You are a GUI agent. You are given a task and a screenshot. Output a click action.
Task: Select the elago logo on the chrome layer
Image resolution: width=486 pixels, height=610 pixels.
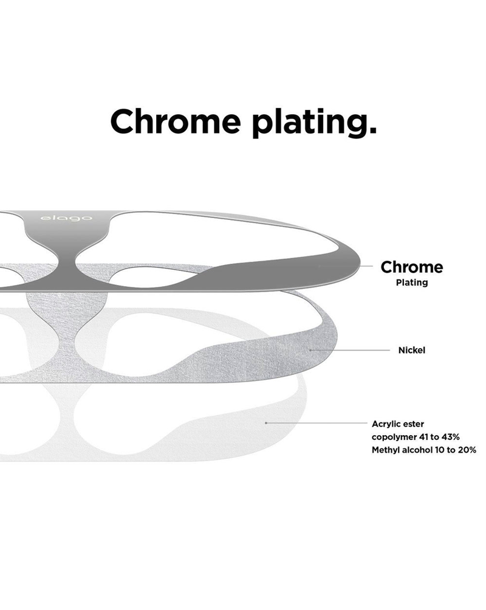coord(67,218)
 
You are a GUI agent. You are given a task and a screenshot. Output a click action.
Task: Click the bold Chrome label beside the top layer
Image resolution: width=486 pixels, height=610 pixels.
coord(412,267)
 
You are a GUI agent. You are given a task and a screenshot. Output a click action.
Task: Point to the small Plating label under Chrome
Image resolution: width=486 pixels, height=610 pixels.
coord(412,283)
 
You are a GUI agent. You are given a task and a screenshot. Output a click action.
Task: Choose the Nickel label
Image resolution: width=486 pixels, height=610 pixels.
coord(412,350)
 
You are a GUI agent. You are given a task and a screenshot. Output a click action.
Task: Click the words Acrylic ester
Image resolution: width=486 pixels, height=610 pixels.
coord(398,424)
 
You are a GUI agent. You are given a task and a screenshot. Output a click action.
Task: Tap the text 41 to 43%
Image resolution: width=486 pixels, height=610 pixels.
coord(439,437)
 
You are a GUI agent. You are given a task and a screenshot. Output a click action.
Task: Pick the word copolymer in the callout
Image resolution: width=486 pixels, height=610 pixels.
coord(394,437)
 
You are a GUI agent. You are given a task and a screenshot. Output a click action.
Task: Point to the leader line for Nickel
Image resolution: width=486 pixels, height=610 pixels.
coord(350,350)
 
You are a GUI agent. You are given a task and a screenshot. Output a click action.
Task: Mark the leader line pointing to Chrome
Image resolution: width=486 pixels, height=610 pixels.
coord(346,266)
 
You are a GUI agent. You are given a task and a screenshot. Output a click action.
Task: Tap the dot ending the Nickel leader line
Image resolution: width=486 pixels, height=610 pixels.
coord(310,350)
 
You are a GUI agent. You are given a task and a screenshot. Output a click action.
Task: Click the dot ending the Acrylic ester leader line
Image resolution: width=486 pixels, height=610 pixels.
coord(265,422)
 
